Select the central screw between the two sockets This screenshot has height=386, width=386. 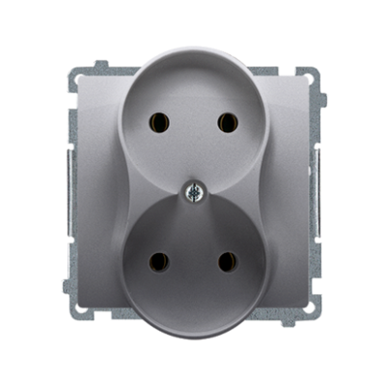pyautogui.click(x=193, y=191)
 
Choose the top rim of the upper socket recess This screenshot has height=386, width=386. pyautogui.click(x=193, y=50)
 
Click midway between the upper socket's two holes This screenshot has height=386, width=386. pyautogui.click(x=193, y=122)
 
